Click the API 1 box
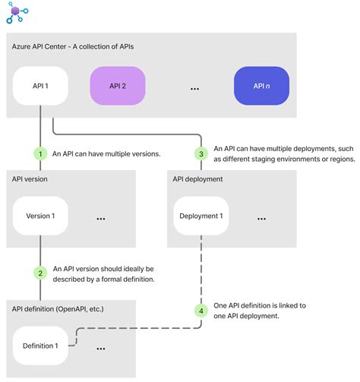click(41, 87)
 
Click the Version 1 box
click(41, 216)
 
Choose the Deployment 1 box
click(201, 216)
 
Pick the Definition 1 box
click(41, 346)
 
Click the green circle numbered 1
click(40, 153)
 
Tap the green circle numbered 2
click(40, 273)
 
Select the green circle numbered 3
click(201, 153)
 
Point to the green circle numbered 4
click(201, 310)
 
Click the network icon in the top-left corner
click(17, 13)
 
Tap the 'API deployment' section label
click(197, 179)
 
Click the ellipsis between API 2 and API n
click(194, 89)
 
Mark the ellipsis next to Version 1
click(101, 219)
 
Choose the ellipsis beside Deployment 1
click(261, 219)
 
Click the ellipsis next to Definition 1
click(101, 349)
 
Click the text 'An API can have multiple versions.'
click(106, 153)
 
